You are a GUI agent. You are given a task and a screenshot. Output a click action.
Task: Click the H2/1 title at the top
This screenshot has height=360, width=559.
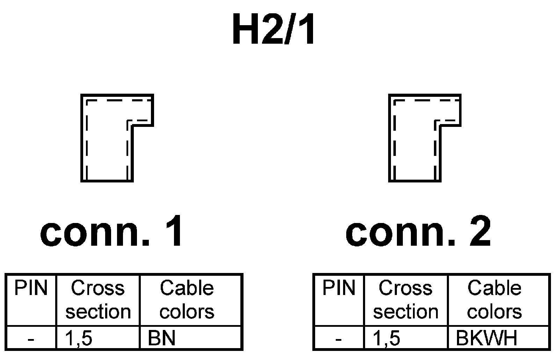(x=274, y=31)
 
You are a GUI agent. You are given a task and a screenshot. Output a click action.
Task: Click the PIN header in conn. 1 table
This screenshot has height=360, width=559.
(x=31, y=289)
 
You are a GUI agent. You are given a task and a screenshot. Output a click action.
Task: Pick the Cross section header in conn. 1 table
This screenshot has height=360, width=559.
(x=98, y=300)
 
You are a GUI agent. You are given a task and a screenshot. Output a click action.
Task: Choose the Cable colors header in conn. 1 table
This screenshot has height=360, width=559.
(x=187, y=300)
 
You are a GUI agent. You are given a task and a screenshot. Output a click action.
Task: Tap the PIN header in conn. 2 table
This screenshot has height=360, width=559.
(x=339, y=289)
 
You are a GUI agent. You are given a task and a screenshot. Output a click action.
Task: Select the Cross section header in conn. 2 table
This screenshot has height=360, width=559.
(x=406, y=300)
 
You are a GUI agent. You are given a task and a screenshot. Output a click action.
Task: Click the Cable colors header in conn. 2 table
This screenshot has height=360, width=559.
(x=494, y=300)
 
